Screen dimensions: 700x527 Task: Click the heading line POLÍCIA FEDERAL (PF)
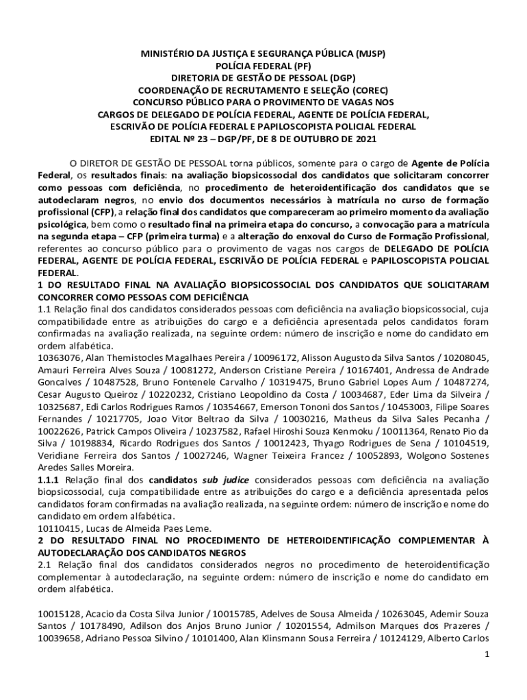263,65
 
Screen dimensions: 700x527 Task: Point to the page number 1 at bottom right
487,654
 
